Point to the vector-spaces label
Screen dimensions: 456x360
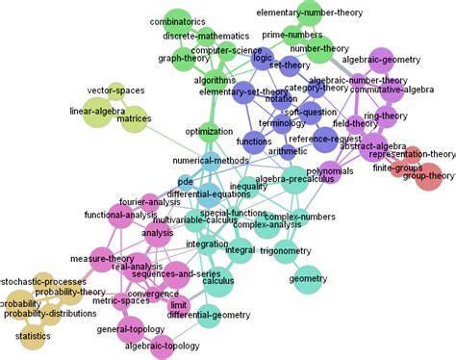click(115, 90)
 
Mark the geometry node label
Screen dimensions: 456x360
click(309, 279)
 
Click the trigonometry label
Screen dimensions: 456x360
click(285, 250)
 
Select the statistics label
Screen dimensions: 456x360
click(34, 336)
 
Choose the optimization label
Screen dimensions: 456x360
click(210, 129)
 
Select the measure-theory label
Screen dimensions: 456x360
click(102, 258)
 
